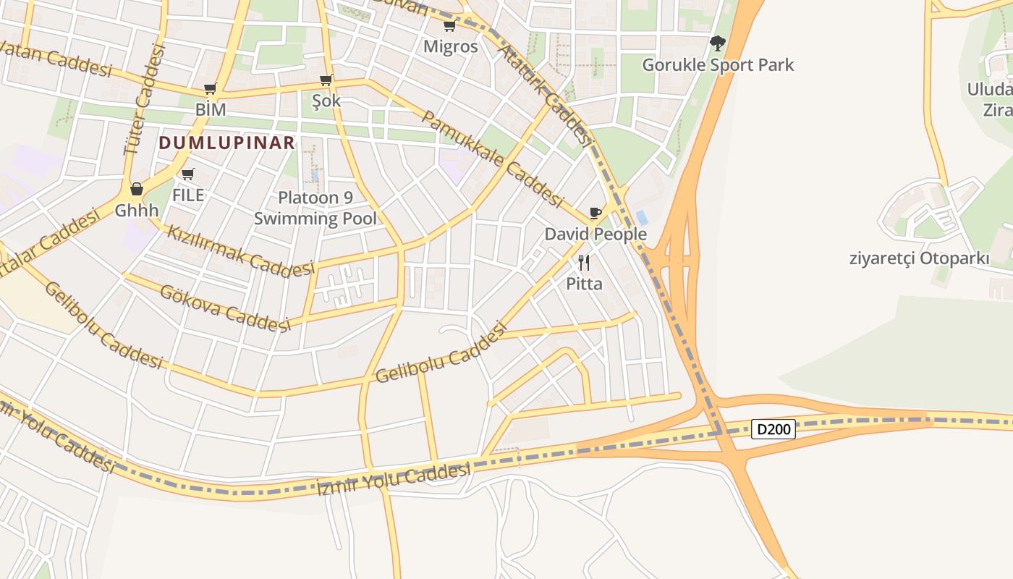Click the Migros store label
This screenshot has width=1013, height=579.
450,47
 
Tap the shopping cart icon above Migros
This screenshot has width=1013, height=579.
449,27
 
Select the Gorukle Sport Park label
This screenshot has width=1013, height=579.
718,65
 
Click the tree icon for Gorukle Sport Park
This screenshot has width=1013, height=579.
717,43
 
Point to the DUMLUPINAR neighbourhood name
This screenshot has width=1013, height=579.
227,143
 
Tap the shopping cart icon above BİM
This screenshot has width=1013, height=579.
210,89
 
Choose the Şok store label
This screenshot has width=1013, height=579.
326,101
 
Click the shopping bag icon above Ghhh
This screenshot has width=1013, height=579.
136,190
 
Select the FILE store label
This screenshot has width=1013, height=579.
188,195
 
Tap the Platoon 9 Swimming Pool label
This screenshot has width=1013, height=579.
315,208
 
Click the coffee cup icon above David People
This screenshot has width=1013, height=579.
595,213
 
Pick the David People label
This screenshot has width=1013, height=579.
595,234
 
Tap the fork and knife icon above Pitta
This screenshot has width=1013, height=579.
584,262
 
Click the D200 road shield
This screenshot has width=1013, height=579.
773,429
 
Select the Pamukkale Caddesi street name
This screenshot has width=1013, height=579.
492,159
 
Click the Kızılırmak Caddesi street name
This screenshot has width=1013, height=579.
241,252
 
